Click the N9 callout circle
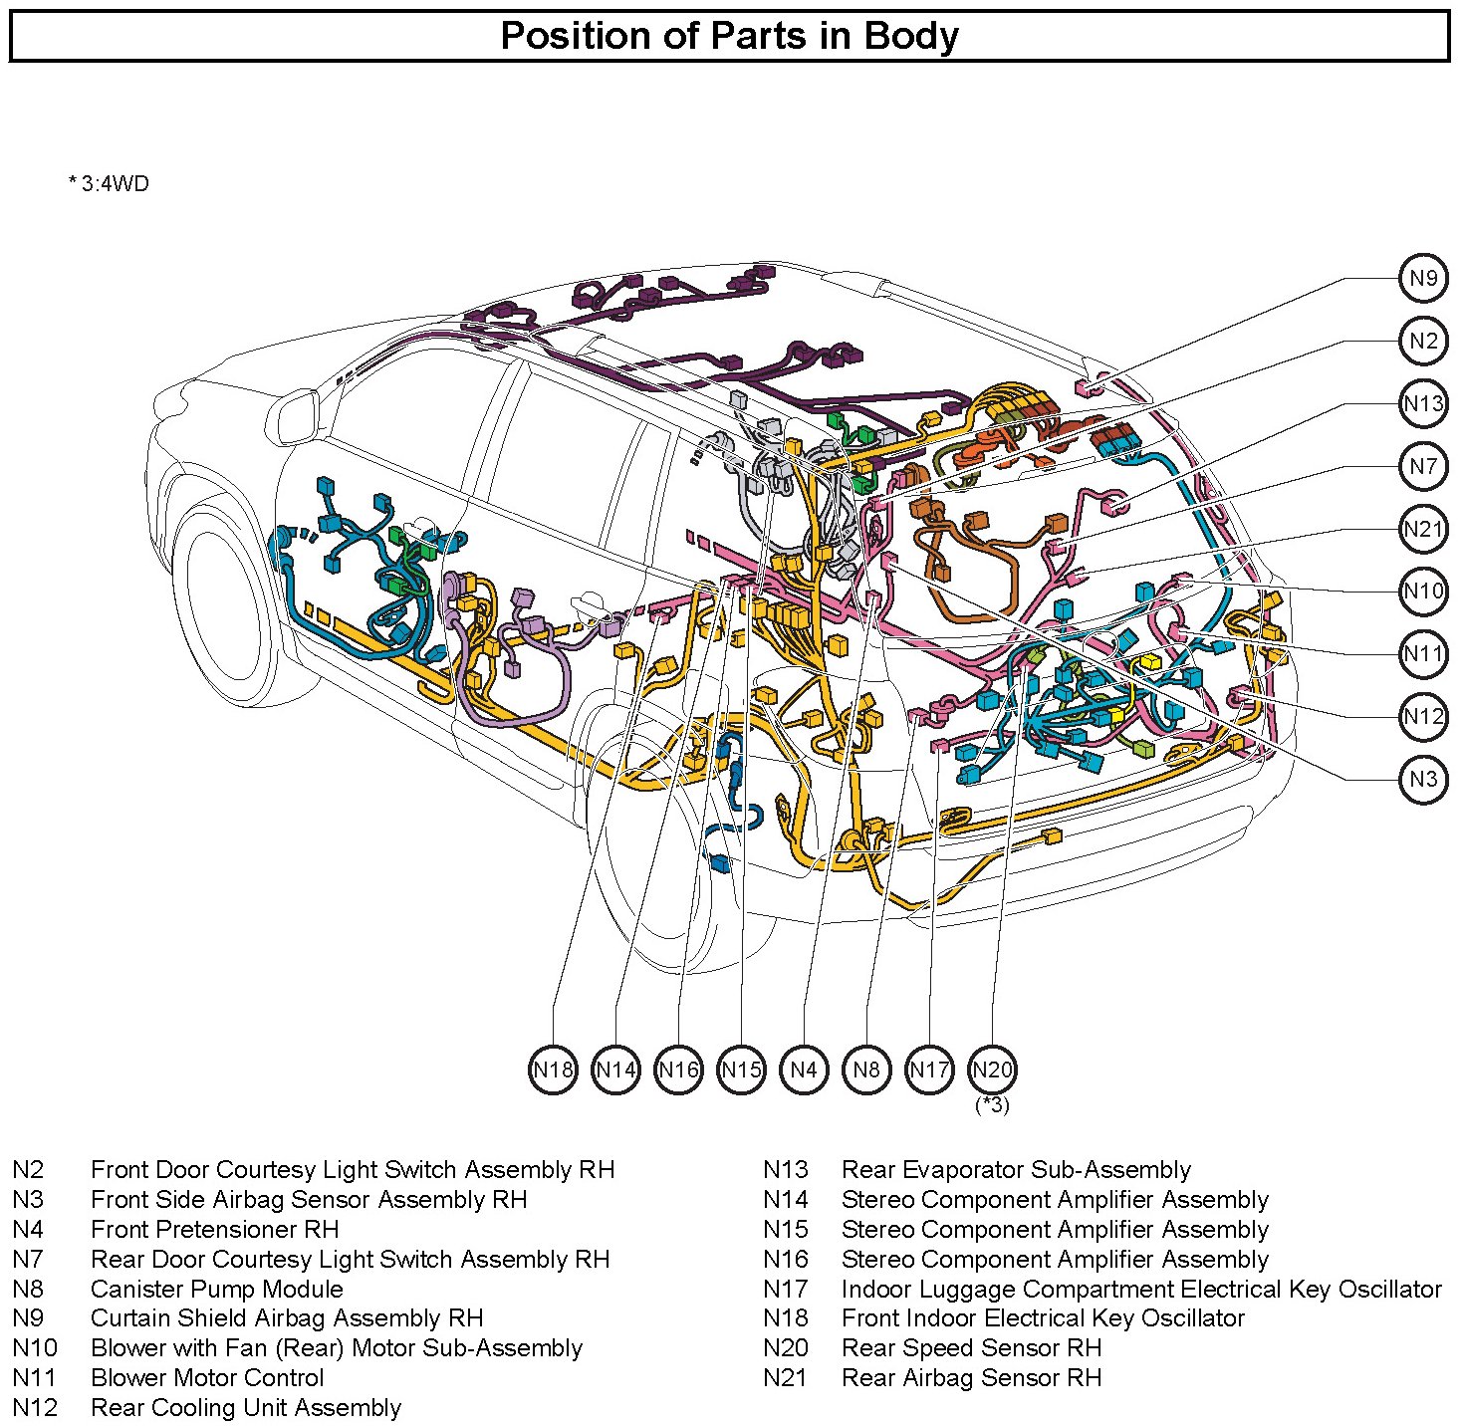1423,279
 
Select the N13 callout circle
1423,404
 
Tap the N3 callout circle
1423,779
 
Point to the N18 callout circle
553,1069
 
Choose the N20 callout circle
993,1069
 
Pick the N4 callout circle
804,1069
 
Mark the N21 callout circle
1423,529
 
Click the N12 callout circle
1423,716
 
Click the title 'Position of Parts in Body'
729,35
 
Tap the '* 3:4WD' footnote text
109,183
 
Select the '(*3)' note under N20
993,1105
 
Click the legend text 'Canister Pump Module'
217,1289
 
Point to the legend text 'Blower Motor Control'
207,1377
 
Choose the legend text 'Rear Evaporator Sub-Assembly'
1017,1170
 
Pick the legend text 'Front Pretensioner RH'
215,1229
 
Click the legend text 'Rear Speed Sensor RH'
971,1348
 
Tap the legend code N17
786,1289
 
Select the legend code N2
29,1170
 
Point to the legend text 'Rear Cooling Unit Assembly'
246,1407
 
